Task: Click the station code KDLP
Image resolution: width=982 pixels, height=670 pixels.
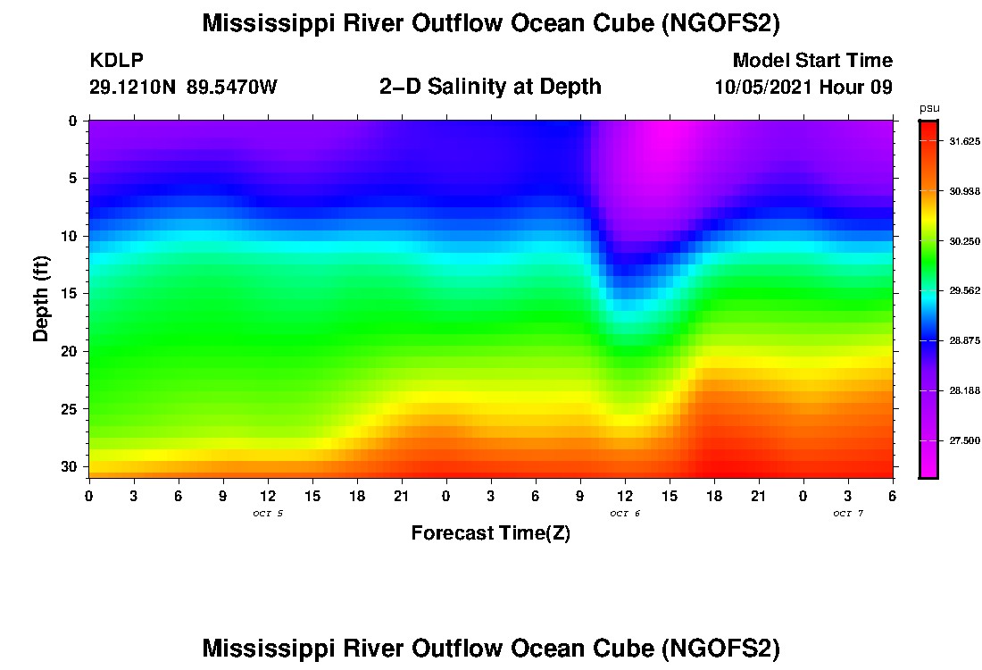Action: tap(117, 61)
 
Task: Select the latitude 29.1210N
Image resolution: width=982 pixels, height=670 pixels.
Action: tap(133, 87)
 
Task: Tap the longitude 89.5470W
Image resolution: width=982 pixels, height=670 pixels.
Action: tap(232, 87)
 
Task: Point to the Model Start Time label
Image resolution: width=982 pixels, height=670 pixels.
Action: tap(812, 61)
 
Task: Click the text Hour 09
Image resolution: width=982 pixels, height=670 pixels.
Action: tap(861, 87)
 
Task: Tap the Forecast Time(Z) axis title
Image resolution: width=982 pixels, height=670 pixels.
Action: tap(490, 533)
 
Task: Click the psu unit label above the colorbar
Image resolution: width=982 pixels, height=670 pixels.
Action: tap(928, 108)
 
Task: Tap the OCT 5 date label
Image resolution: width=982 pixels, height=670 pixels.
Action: tap(268, 514)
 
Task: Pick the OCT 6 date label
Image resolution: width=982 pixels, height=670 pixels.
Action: tap(625, 514)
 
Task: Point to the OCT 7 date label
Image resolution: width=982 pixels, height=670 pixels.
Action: tap(848, 514)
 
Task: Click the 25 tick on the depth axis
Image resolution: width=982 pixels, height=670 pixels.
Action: tap(71, 409)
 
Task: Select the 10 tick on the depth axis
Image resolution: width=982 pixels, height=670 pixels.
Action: tap(71, 236)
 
